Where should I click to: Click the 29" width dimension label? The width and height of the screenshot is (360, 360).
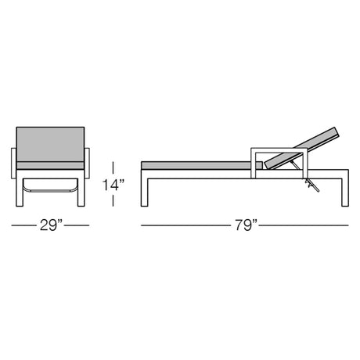(x=52, y=225)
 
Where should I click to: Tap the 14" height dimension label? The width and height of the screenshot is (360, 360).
(x=113, y=185)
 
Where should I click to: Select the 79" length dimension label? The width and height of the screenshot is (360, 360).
(x=246, y=225)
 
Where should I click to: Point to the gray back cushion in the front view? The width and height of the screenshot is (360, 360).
(x=50, y=144)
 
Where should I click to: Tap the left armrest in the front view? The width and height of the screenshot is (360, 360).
(x=14, y=164)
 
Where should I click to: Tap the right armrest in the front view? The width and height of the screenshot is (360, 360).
(x=87, y=164)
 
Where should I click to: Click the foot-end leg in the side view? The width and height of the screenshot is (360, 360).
(x=145, y=193)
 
